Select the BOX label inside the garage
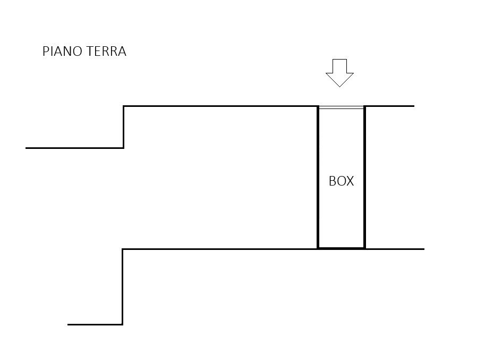(341, 181)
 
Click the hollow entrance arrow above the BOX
(339, 73)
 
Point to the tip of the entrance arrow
(339, 87)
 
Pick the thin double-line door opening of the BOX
(341, 107)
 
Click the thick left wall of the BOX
(318, 177)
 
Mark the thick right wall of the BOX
(365, 177)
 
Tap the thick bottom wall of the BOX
(342, 248)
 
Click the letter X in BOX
(350, 181)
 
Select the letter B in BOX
(332, 181)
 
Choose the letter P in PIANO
(46, 52)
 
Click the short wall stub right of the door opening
(390, 106)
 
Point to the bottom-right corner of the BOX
(365, 248)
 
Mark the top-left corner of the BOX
(318, 106)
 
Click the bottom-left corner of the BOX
(318, 248)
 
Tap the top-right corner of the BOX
(365, 106)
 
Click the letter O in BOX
(341, 181)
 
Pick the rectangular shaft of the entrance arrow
(339, 66)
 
